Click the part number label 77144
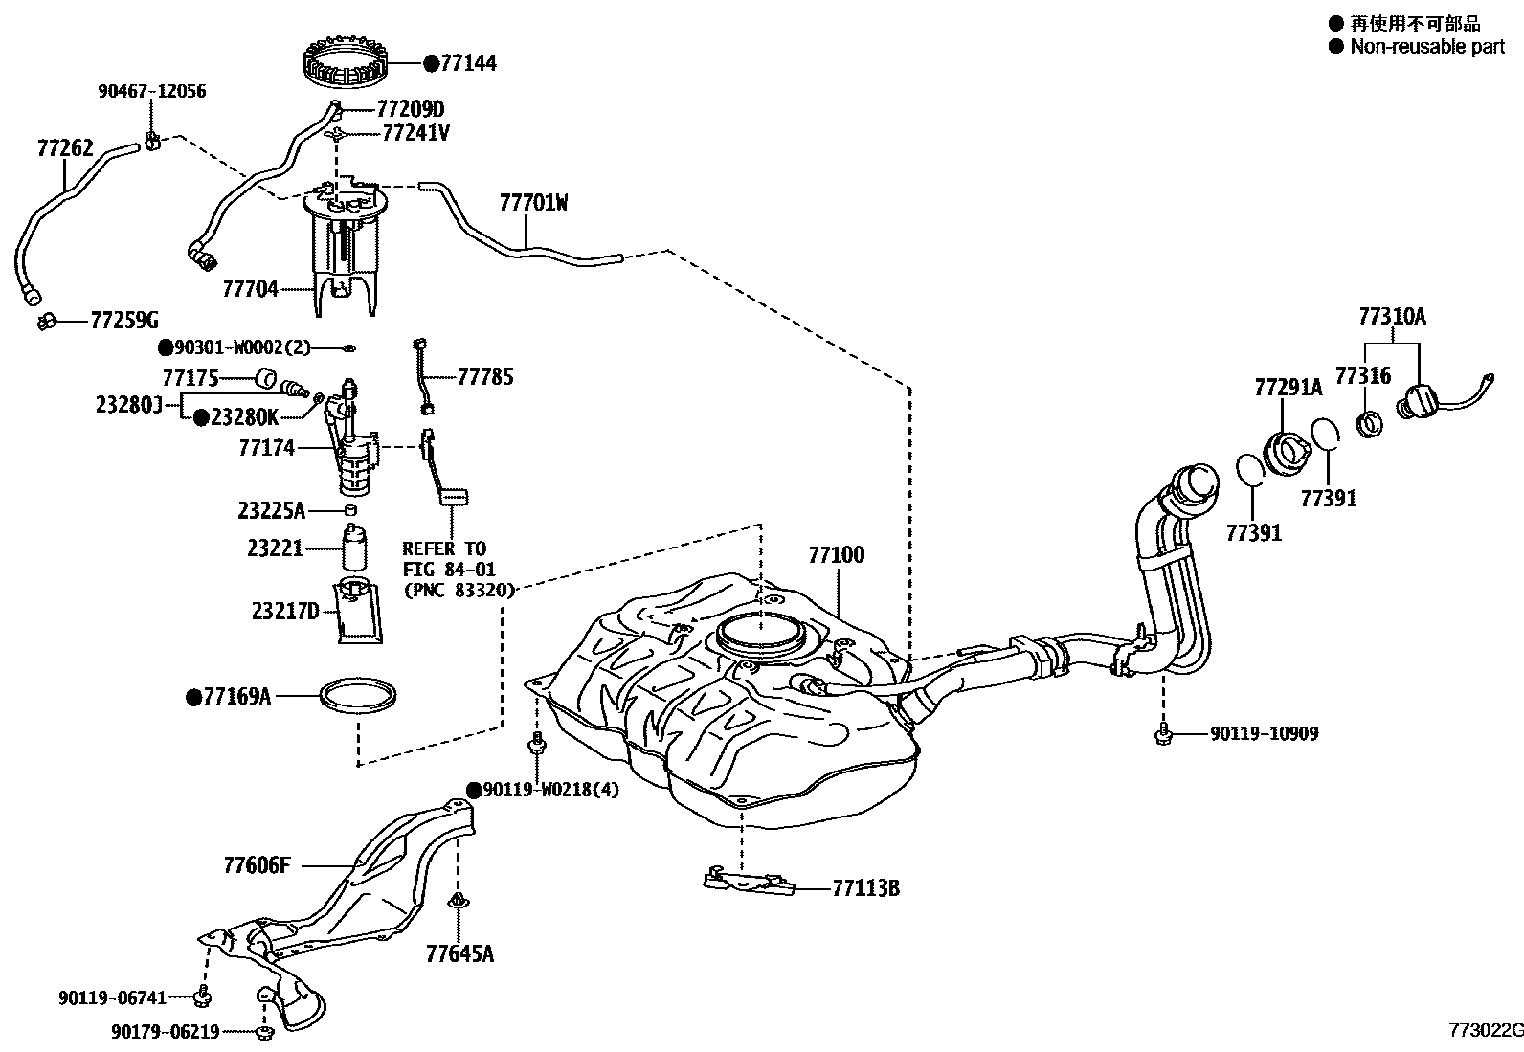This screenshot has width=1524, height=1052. pos(467,63)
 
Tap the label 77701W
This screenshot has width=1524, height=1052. pos(533,203)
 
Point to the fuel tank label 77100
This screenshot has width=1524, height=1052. pos(836,555)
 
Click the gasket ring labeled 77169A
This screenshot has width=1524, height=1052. pos(357,697)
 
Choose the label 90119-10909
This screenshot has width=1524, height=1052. pos(1264,734)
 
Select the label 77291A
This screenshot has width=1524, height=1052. pos(1288,388)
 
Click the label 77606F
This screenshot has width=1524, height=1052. pos(256,866)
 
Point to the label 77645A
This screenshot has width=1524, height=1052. pos(459,953)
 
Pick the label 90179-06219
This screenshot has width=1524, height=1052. pos(166,1032)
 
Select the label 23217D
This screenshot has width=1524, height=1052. pos(285,611)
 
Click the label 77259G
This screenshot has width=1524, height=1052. pos(124,320)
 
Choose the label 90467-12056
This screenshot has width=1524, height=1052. pos(151,92)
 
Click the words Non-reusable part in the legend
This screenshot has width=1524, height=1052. pos(1426,46)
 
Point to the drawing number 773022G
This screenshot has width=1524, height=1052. pos(1483,1030)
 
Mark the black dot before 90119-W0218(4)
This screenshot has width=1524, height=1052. pos(473,790)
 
